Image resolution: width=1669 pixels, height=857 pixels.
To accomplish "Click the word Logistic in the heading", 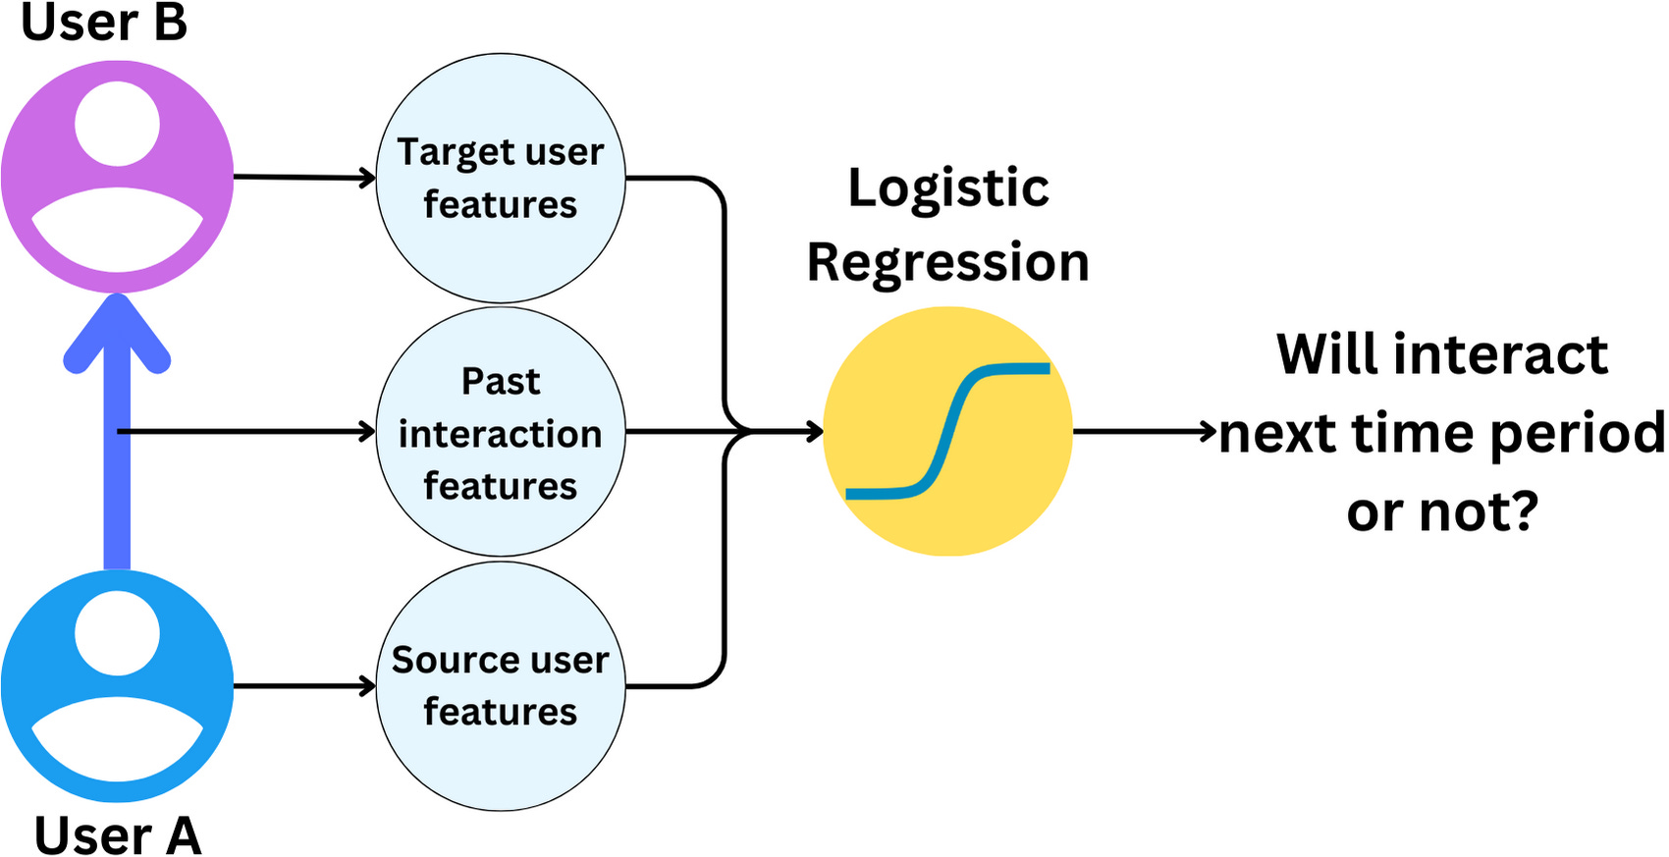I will click(x=948, y=187).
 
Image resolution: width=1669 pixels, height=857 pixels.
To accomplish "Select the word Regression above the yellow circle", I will click(x=948, y=263).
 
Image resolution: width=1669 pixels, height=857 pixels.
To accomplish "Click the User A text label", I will click(x=117, y=835).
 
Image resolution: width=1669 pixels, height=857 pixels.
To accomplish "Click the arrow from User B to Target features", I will click(x=304, y=178).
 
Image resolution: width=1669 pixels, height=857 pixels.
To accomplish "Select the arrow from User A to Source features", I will click(x=304, y=685).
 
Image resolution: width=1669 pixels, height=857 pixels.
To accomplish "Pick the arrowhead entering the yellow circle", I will click(x=813, y=431).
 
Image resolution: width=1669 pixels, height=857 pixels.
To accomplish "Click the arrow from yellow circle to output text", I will click(x=1144, y=431).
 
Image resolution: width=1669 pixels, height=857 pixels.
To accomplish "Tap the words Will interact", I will click(x=1441, y=354).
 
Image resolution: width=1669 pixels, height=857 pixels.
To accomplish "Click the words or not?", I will click(x=1441, y=511).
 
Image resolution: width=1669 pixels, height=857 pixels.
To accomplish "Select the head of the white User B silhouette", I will click(x=117, y=124).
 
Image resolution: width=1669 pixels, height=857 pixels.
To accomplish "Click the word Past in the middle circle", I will click(x=501, y=381).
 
